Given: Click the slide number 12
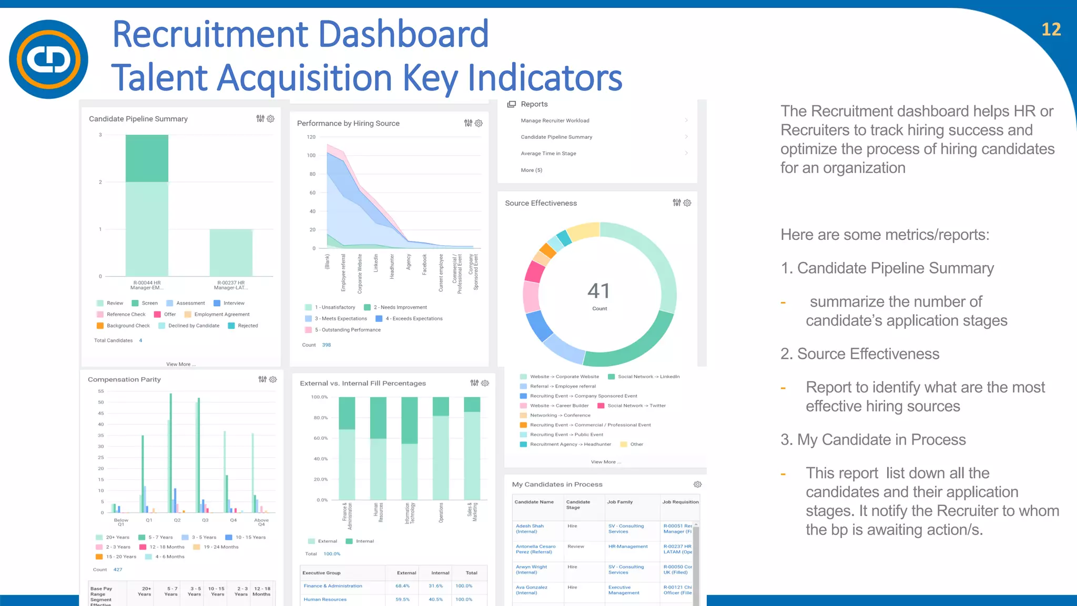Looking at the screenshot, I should tap(1051, 29).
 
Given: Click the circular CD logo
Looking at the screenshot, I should tap(48, 59).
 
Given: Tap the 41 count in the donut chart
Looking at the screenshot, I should tap(598, 291).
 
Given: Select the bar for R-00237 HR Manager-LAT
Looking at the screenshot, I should tap(231, 252).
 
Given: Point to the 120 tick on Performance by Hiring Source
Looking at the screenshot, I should tap(311, 137).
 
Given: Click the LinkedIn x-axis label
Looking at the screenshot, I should tap(376, 263).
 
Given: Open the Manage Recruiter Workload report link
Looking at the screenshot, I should tap(555, 121).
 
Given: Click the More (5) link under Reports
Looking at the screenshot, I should tap(531, 170).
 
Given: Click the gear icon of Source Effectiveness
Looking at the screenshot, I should tap(687, 203).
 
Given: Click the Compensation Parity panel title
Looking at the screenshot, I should tap(124, 380).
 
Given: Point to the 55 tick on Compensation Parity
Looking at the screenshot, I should tap(101, 391).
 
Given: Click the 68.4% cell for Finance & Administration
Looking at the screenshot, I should tap(402, 586).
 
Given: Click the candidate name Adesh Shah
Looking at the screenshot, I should tap(530, 526).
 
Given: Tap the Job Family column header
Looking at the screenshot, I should tap(619, 502).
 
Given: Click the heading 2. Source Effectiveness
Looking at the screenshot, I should tap(860, 354).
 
